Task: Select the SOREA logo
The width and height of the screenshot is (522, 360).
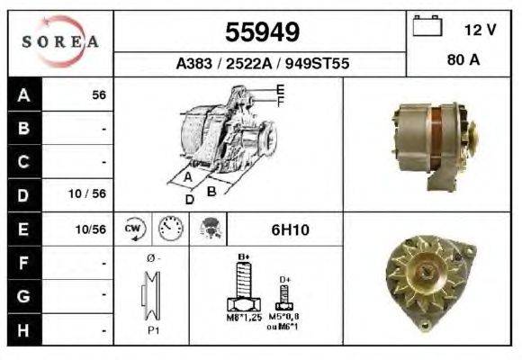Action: click(x=60, y=41)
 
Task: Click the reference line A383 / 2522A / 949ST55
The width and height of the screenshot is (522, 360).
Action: click(x=262, y=65)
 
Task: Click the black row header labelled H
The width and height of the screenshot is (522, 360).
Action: click(x=22, y=329)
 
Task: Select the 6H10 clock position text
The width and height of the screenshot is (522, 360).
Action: click(x=290, y=230)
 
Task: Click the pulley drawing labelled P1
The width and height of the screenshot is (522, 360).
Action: click(x=152, y=299)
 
